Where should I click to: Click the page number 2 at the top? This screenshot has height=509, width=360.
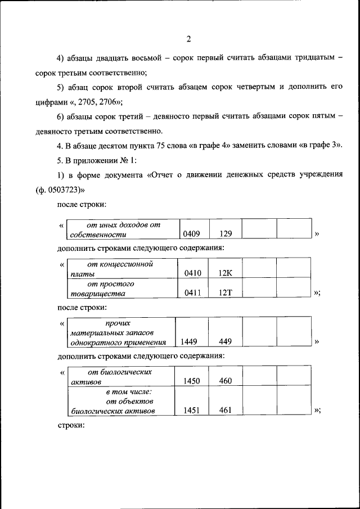(x=189, y=39)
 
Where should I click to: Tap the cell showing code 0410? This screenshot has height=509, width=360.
(x=192, y=273)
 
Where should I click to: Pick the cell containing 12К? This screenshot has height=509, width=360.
(x=225, y=273)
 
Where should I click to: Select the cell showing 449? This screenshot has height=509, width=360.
(x=225, y=341)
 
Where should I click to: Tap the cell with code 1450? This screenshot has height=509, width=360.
(x=191, y=381)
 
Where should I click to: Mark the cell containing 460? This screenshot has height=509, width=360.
(x=225, y=381)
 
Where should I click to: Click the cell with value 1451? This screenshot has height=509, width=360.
(x=191, y=411)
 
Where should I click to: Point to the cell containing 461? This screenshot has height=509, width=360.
(x=225, y=411)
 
